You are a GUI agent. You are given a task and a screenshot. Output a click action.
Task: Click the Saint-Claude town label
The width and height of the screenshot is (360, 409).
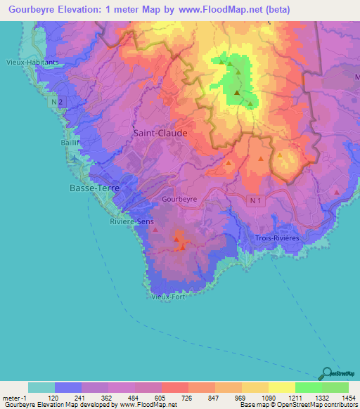point(160,132)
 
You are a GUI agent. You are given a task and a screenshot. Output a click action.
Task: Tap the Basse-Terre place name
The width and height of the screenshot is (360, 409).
point(94,189)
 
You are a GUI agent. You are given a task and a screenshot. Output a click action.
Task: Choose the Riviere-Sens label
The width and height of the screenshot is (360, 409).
point(131,221)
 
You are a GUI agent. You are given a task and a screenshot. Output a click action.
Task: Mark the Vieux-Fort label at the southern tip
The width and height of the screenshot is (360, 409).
point(169,297)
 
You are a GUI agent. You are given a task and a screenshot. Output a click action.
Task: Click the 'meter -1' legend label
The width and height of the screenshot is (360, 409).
point(14,397)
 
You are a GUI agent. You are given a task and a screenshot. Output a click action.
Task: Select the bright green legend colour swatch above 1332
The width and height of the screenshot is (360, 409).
point(308,387)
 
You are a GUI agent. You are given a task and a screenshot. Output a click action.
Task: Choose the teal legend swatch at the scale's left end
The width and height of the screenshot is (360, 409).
point(41,387)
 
